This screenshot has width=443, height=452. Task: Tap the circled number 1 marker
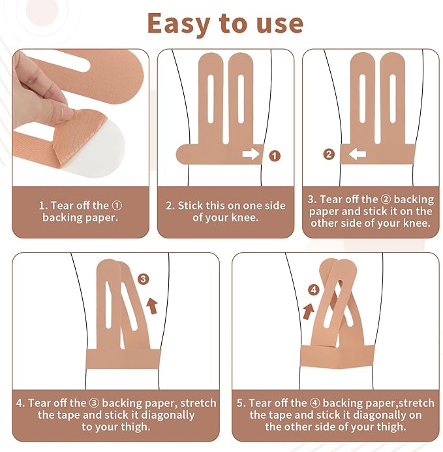pyautogui.click(x=274, y=156)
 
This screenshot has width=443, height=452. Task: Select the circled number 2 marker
pyautogui.click(x=329, y=154)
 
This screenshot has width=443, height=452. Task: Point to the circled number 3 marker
pyautogui.click(x=143, y=279)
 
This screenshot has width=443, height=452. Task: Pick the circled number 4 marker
pyautogui.click(x=314, y=290)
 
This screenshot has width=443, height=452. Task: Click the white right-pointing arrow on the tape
pyautogui.click(x=251, y=154)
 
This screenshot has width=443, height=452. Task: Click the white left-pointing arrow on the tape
pyautogui.click(x=358, y=154)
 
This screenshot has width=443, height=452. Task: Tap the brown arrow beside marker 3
pyautogui.click(x=152, y=306)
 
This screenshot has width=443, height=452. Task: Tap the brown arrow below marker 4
pyautogui.click(x=309, y=311)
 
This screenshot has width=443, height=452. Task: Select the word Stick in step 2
pyautogui.click(x=190, y=206)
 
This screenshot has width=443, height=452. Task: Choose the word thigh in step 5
pyautogui.click(x=391, y=427)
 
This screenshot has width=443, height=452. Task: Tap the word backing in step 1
pyautogui.click(x=59, y=218)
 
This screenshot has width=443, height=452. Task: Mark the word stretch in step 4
pyautogui.click(x=198, y=403)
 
